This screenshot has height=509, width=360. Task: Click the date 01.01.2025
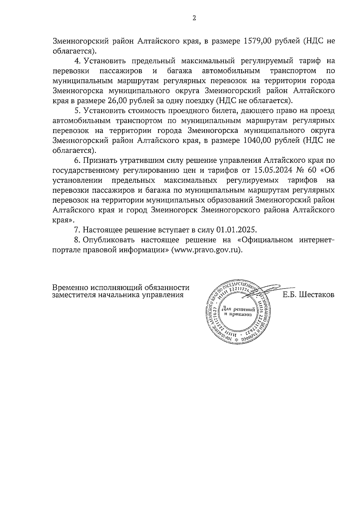click(237, 230)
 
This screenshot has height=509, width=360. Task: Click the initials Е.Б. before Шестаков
click(289, 295)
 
